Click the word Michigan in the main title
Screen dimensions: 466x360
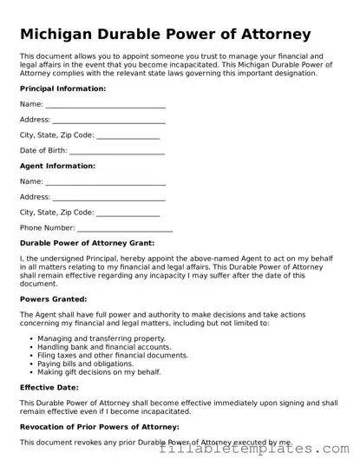pyautogui.click(x=60, y=35)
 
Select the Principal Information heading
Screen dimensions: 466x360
pyautogui.click(x=62, y=89)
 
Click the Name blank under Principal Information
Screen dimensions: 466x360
pyautogui.click(x=105, y=106)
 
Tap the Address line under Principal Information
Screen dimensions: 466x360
pyautogui.click(x=108, y=121)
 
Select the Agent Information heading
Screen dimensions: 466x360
pyautogui.click(x=57, y=166)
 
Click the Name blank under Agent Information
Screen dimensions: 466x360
pyautogui.click(x=105, y=182)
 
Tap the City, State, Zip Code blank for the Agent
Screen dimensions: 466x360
pyautogui.click(x=128, y=213)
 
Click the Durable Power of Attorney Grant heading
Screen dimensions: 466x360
pyautogui.click(x=87, y=244)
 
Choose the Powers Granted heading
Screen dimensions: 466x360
pyautogui.click(x=53, y=299)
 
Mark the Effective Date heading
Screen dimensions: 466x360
pyautogui.click(x=49, y=387)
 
